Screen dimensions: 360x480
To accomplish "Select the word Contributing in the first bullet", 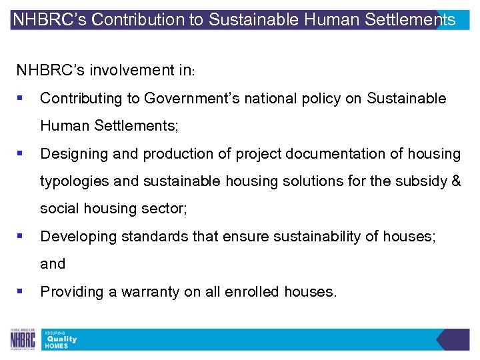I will (81, 99).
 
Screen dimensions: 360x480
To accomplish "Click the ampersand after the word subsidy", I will (455, 181).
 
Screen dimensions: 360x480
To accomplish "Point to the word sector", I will (167, 209).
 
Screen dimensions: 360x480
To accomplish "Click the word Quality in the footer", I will (61, 339).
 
